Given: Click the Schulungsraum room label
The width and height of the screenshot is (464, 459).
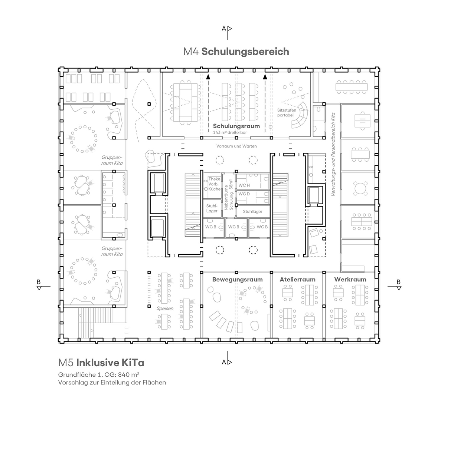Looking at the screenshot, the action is [x=236, y=126].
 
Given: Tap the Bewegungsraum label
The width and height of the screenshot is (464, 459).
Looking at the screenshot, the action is [x=238, y=280].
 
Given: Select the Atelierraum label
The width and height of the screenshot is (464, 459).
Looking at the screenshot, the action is [x=297, y=280].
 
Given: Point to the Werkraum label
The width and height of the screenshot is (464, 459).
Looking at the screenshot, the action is [x=350, y=280].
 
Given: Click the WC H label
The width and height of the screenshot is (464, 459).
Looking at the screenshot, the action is [x=244, y=185].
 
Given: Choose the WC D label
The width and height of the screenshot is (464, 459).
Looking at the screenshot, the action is [x=244, y=194].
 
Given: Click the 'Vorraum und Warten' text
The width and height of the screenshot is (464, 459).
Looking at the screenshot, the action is [x=236, y=146].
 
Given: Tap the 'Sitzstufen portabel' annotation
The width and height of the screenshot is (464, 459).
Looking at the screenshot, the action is [x=287, y=113].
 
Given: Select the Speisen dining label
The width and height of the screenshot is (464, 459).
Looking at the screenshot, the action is [x=165, y=308].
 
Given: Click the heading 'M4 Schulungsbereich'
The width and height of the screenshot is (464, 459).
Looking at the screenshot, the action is [x=236, y=52].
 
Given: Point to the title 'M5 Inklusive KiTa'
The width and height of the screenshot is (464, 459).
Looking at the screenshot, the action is [x=101, y=363].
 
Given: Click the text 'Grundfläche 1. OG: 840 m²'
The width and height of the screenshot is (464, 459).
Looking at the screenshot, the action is [x=99, y=374].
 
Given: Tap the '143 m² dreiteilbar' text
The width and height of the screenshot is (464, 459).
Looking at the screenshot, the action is [x=230, y=132].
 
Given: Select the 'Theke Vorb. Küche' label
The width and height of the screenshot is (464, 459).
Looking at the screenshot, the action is [x=214, y=184].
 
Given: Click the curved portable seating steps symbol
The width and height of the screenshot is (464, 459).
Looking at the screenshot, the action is [x=300, y=115].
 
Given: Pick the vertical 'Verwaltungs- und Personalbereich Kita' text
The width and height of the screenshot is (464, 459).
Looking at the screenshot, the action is [x=333, y=154].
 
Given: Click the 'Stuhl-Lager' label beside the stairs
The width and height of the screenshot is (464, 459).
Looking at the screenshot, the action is [x=212, y=208].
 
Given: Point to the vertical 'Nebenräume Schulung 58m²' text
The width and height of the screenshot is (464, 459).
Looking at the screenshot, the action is [x=229, y=194].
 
